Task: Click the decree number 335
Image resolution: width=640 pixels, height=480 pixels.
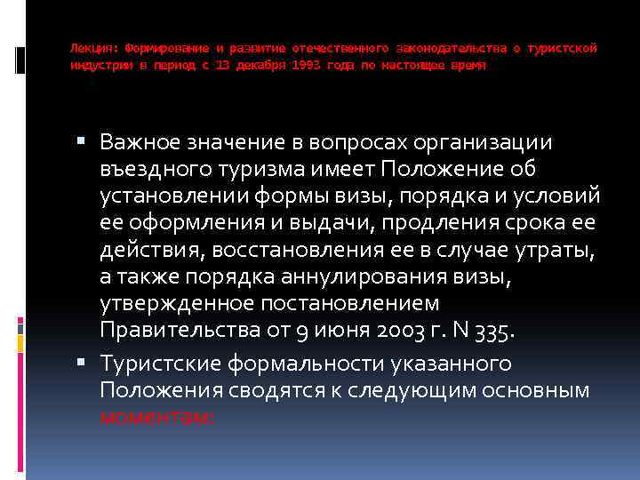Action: [492, 330]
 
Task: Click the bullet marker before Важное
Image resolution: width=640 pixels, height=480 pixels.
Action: [84, 142]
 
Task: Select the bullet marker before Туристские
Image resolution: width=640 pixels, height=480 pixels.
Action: [84, 362]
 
